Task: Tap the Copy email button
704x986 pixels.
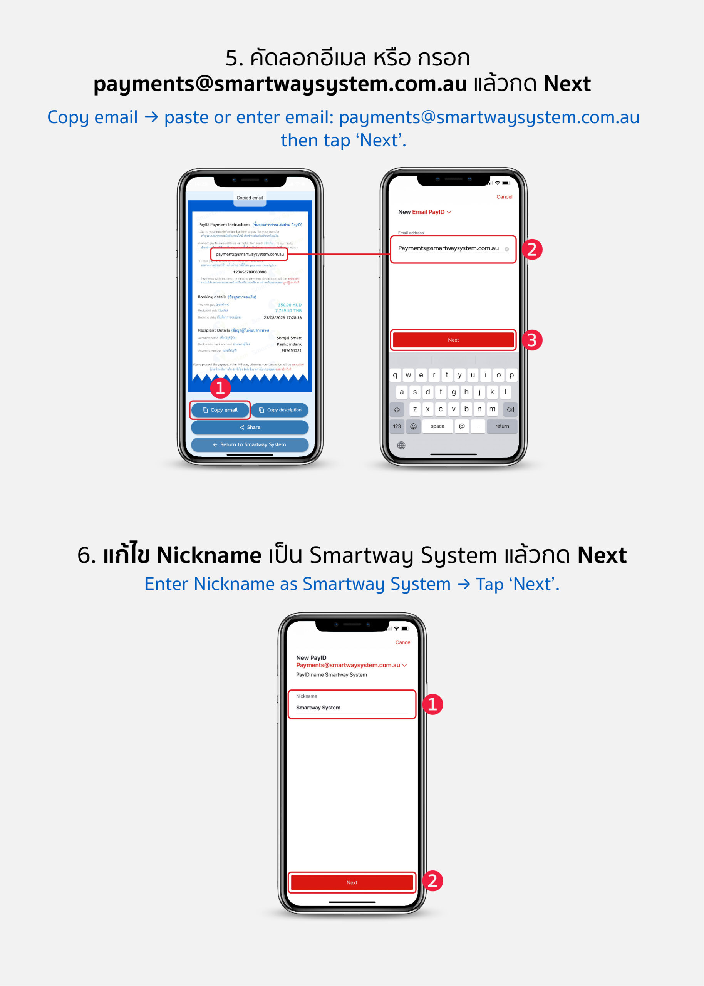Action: pyautogui.click(x=220, y=410)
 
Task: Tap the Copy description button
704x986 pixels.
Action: pyautogui.click(x=280, y=410)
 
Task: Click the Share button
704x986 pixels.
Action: pyautogui.click(x=250, y=428)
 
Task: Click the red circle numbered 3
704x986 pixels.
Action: pyautogui.click(x=532, y=340)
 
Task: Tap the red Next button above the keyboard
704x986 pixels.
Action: pyautogui.click(x=453, y=340)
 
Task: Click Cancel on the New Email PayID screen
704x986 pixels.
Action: pyautogui.click(x=504, y=197)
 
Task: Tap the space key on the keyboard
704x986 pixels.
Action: pyautogui.click(x=437, y=426)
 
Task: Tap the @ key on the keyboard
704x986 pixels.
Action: pyautogui.click(x=462, y=426)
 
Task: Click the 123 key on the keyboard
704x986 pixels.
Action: pyautogui.click(x=397, y=426)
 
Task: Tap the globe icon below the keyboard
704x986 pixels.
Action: pyautogui.click(x=401, y=446)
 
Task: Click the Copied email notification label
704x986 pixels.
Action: pyautogui.click(x=250, y=198)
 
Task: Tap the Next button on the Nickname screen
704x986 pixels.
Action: pyautogui.click(x=352, y=882)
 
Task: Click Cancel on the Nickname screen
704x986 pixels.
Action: pyautogui.click(x=403, y=642)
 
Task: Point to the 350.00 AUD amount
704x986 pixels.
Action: pyautogui.click(x=290, y=305)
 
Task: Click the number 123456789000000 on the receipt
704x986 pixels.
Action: pyautogui.click(x=250, y=272)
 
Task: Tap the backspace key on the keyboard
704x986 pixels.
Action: pyautogui.click(x=510, y=409)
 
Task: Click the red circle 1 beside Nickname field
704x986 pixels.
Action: pyautogui.click(x=432, y=704)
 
